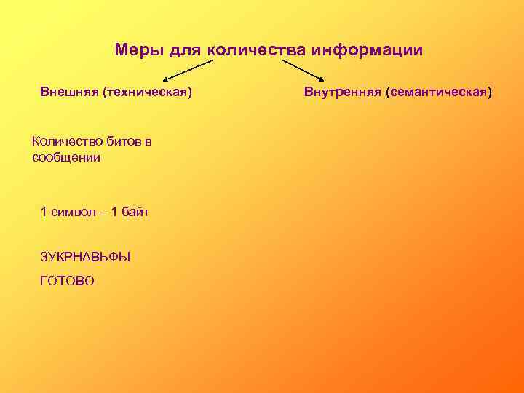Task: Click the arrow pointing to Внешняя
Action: click(x=187, y=71)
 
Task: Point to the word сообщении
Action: click(x=66, y=156)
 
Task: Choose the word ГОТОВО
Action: click(x=68, y=280)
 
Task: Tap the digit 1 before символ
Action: click(x=44, y=212)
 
